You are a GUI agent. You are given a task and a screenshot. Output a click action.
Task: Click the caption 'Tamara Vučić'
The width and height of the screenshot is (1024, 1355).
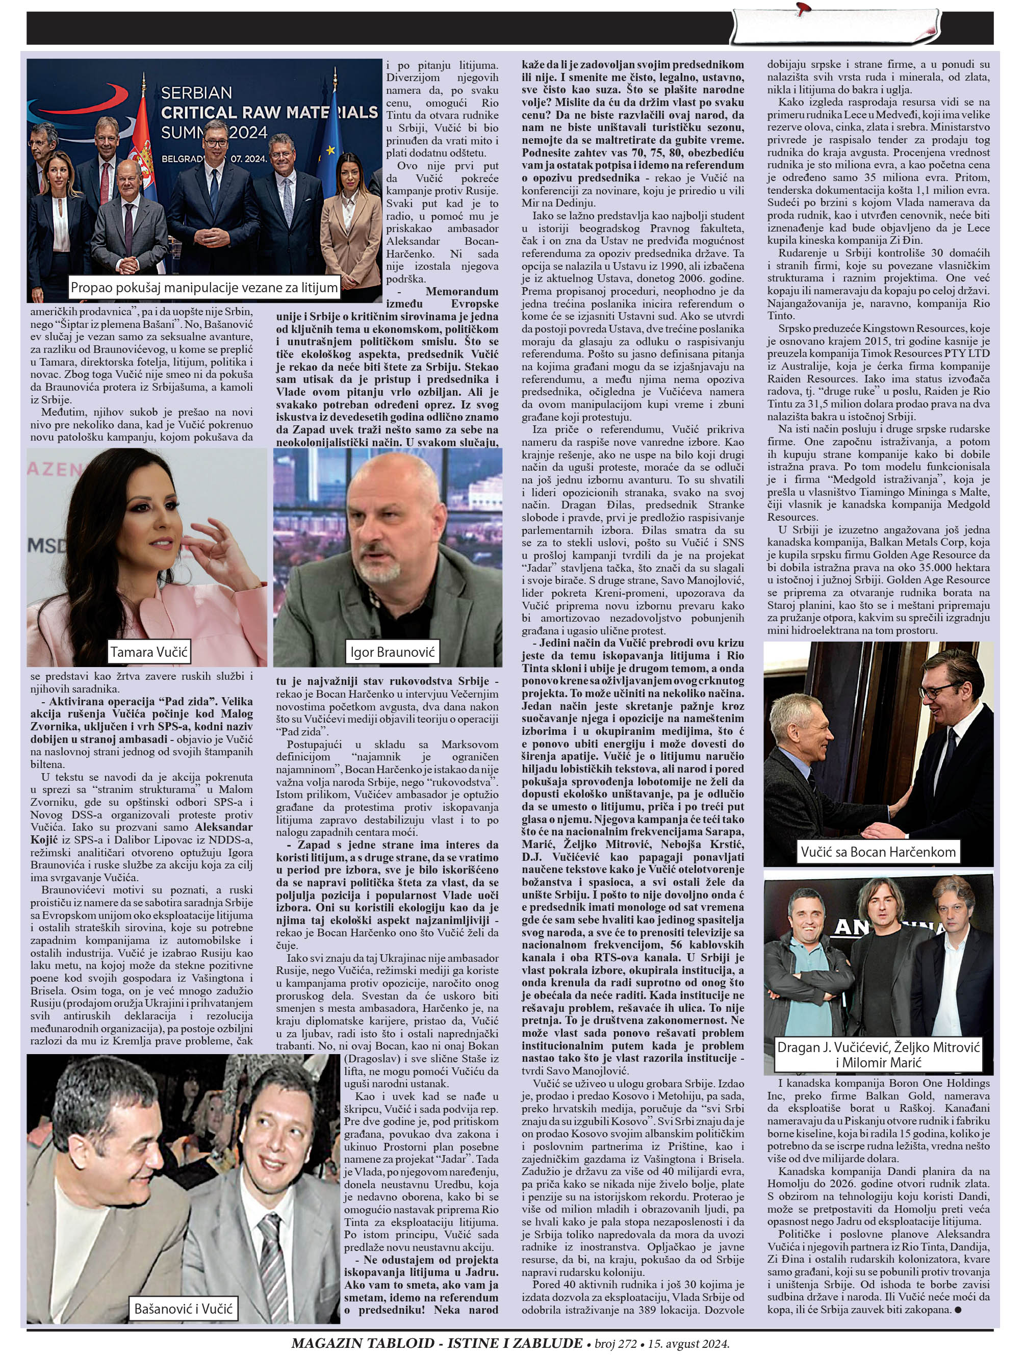point(148,652)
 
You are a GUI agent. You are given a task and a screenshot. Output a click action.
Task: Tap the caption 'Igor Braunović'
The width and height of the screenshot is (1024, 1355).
point(392,652)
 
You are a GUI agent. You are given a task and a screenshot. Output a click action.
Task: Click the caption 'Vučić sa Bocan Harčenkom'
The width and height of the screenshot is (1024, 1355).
point(878,852)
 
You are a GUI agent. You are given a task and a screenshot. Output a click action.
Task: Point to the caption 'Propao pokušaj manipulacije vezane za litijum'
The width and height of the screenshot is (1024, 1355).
point(204,287)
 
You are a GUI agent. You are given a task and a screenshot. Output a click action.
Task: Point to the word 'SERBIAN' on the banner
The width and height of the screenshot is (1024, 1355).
point(196,92)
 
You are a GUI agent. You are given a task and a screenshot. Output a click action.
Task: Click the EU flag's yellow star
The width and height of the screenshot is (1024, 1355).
point(331,149)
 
